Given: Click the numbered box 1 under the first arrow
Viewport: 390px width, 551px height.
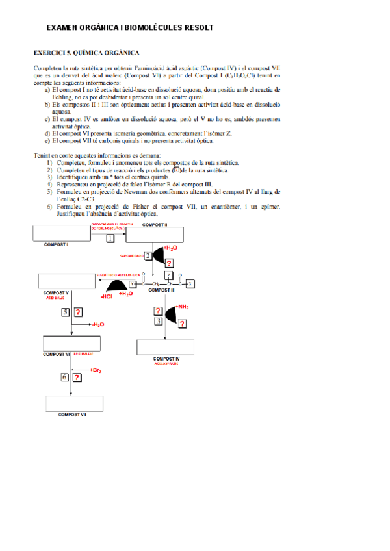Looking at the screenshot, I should tap(109, 239).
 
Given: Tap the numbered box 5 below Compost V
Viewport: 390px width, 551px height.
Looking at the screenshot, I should tap(66, 313).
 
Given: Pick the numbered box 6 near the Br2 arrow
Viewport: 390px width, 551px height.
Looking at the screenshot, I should tap(65, 377).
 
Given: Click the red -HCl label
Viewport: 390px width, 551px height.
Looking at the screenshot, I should tap(107, 297).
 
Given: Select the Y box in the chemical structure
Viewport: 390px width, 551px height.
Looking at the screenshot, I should tap(133, 284).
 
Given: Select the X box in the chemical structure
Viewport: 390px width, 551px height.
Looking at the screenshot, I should tap(190, 284).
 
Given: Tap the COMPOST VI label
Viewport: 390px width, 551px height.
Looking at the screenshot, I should tap(57, 354).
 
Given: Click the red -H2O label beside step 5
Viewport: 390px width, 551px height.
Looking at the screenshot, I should tap(97, 324).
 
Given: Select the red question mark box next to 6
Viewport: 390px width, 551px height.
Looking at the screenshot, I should tap(77, 377).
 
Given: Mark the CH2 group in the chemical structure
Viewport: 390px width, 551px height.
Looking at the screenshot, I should tap(156, 285).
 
